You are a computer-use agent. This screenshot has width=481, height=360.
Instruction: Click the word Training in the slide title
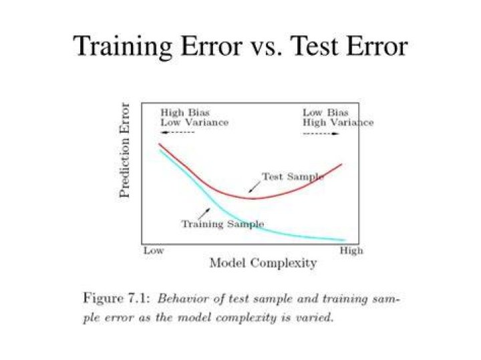(122, 47)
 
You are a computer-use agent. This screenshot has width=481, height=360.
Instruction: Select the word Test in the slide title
(315, 46)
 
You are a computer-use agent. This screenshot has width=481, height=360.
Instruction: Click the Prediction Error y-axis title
(124, 150)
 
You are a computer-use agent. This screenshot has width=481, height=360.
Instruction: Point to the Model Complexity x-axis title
(263, 263)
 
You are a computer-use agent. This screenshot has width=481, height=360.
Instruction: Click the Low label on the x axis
(154, 251)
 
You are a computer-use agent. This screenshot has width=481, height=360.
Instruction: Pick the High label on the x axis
(351, 251)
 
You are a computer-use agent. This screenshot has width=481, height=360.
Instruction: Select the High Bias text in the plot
(185, 112)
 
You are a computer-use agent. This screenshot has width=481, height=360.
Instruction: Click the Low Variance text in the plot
(194, 123)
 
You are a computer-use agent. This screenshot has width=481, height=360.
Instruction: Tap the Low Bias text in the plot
(325, 112)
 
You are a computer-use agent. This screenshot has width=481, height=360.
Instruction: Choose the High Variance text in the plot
(338, 123)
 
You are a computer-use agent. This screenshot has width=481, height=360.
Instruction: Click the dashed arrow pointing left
(178, 132)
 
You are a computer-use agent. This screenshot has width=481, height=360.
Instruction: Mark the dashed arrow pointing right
(321, 134)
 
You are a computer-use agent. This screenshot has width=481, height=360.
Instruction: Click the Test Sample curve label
(293, 176)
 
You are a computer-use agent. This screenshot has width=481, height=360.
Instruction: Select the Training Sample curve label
(222, 224)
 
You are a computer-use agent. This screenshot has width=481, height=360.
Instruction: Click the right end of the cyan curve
(345, 240)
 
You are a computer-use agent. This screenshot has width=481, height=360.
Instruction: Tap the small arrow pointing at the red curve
(255, 187)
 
